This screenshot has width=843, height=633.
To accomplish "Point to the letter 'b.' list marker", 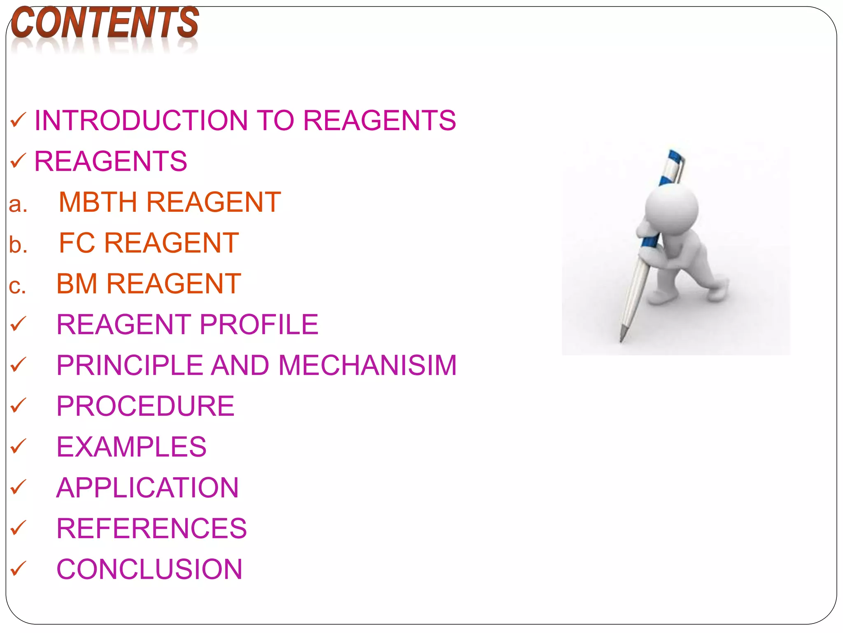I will [x=18, y=245].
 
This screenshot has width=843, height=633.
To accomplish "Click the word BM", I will [x=77, y=284].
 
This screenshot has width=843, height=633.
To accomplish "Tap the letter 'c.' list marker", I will [x=17, y=286].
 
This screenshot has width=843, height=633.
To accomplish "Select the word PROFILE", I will [x=259, y=324].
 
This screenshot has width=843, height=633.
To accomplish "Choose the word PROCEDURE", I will [x=145, y=406].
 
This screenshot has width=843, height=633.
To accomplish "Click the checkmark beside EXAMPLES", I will [x=18, y=446].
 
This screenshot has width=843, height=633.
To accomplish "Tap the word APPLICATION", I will [x=147, y=488].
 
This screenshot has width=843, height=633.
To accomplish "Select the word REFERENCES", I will [x=151, y=528].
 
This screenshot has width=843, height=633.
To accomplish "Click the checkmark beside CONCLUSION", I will [x=18, y=568].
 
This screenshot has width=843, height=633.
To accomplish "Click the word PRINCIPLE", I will [x=130, y=365].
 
